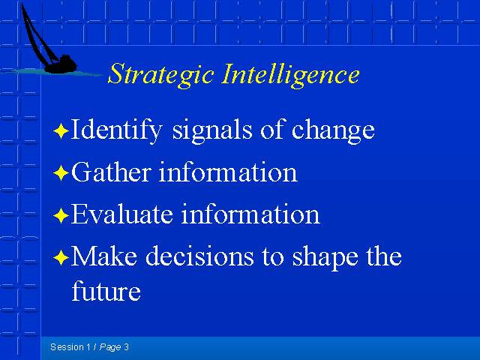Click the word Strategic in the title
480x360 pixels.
point(160,75)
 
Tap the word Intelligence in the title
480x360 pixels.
point(291,75)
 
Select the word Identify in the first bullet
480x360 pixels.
point(116,130)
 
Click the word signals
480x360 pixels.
point(212,130)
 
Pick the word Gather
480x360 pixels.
point(111,172)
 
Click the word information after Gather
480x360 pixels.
point(228,172)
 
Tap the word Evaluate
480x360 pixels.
point(121,214)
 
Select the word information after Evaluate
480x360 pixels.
point(250,214)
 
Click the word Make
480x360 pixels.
point(104,256)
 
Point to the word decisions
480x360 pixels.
point(199,256)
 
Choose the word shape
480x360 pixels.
point(325,258)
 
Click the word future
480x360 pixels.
point(106,290)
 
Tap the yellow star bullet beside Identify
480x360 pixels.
point(61,131)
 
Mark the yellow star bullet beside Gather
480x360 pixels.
point(61,173)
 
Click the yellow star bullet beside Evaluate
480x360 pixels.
point(61,215)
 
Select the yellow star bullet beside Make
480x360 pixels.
point(61,257)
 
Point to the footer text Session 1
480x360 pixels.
point(70,347)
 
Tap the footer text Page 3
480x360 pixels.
point(114,347)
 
